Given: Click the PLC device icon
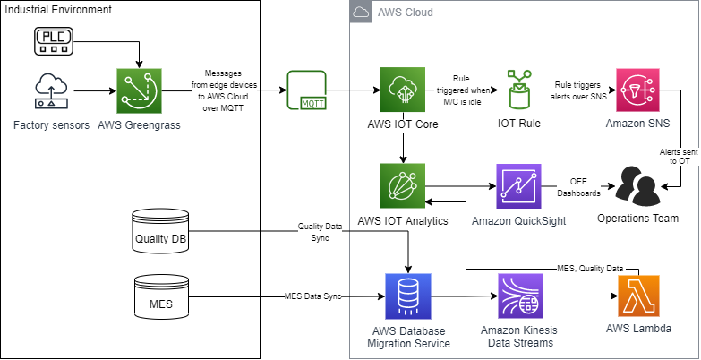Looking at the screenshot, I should click(x=55, y=40).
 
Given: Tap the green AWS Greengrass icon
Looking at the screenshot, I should click(x=140, y=90).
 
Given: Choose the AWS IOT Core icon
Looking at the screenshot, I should click(x=406, y=90).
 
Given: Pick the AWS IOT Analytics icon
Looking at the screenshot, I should click(x=406, y=187).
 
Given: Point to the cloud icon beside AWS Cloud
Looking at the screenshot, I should click(x=361, y=13).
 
